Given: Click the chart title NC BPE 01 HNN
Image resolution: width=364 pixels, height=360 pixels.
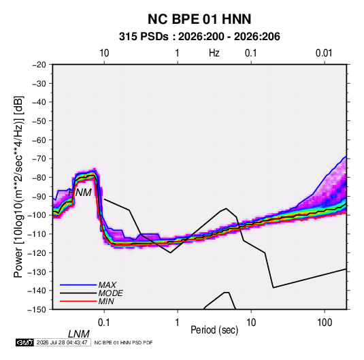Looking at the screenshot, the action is [199, 19].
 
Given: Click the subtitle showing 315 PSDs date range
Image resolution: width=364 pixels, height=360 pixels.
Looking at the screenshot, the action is [199, 37].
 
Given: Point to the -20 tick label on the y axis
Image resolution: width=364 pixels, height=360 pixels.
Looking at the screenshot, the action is [39, 65].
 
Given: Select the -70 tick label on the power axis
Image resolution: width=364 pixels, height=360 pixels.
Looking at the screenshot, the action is [39, 159].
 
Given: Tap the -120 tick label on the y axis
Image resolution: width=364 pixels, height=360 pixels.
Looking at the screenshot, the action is [37, 253].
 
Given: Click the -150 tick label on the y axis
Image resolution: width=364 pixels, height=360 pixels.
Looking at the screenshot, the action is [37, 310].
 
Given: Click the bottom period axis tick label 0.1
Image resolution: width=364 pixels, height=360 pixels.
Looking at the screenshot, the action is [103, 322].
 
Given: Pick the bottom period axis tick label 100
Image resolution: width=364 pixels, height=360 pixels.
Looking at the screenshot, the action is [325, 322].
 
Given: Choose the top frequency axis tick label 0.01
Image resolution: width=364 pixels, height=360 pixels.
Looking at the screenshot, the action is [324, 53].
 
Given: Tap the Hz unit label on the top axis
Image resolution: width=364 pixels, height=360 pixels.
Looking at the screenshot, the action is [214, 53].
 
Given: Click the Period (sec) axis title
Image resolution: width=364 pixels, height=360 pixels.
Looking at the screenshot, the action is [214, 330].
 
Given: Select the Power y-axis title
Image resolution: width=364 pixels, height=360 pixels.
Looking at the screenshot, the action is [18, 186].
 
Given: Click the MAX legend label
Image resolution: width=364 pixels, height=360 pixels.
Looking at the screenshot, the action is [107, 285].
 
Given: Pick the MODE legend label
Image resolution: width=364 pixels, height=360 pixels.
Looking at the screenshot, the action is [110, 293].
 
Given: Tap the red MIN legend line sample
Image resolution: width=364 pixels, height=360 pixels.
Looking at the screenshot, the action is [78, 301].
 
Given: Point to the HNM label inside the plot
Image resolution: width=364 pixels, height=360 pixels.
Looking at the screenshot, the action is [80, 193].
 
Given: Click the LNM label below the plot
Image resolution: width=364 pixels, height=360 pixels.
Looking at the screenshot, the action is [79, 334].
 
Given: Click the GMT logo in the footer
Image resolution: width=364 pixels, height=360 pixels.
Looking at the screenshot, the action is [24, 342].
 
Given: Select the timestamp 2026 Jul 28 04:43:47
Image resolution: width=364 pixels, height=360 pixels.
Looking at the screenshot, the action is [62, 342].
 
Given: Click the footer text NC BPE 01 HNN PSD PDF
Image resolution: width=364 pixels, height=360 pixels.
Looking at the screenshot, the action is [124, 342].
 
